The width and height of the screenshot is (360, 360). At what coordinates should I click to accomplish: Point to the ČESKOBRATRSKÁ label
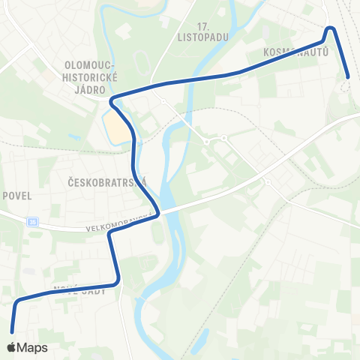pos(105,181)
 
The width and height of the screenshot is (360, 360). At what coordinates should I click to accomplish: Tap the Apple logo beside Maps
pos(12,347)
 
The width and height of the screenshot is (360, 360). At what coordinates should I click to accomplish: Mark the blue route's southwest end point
pos(13,331)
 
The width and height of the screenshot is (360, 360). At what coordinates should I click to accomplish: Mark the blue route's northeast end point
pos(349,76)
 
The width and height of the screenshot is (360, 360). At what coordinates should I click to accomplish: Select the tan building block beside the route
pos(116,128)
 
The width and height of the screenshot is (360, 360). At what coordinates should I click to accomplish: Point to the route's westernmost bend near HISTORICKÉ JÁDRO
pos(112,99)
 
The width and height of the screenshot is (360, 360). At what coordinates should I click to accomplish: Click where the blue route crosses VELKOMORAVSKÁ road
pos(155,212)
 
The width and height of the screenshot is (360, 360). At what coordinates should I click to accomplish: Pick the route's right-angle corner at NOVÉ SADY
pos(118,283)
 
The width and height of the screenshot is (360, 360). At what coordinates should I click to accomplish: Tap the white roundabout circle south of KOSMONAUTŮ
pos(345,85)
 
